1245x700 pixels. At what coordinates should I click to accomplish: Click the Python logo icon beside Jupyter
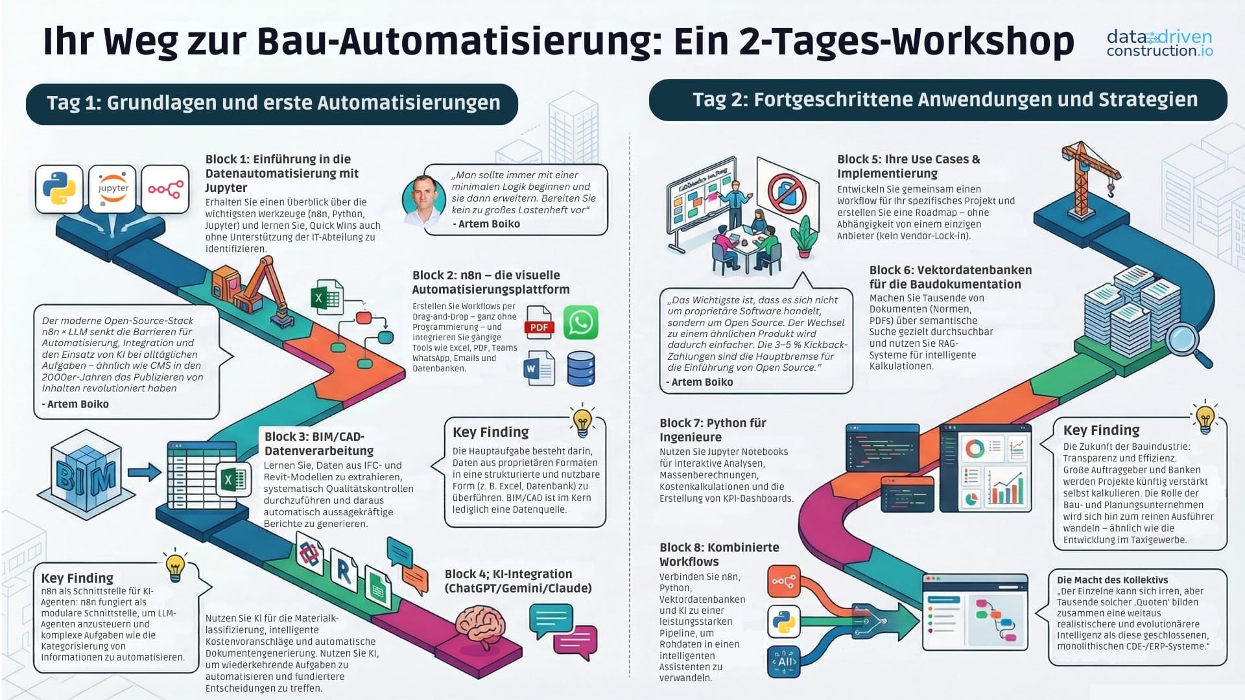(59, 189)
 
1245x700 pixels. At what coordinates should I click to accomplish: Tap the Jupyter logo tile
(113, 189)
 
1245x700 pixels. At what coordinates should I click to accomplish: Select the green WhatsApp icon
(580, 322)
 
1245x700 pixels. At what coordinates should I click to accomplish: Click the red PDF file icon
(539, 322)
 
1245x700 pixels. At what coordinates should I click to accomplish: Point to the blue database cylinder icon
(580, 368)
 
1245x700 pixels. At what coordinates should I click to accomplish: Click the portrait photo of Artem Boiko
(423, 200)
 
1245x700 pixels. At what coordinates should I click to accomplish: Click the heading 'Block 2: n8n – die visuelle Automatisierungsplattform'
(491, 282)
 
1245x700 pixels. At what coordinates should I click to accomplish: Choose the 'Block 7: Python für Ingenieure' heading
(713, 430)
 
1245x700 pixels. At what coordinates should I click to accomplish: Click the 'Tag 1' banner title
(273, 103)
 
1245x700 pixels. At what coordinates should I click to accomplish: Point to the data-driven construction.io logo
(1159, 43)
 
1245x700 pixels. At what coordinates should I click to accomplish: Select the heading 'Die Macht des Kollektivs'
(1112, 580)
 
